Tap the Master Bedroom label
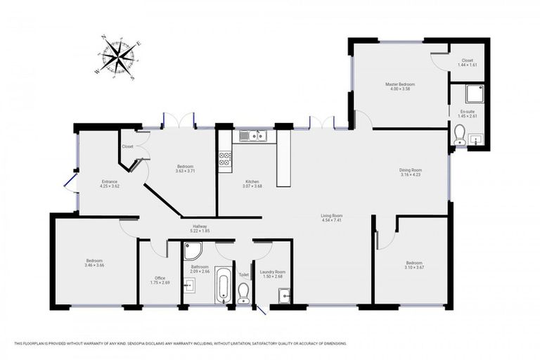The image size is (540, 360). point(399,84)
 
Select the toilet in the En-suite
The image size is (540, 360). point(460,134)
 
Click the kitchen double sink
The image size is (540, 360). point(255,136)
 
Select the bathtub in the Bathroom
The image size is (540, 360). point(222,286)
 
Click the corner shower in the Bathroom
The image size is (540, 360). point(192,250)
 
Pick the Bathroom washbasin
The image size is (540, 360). point(189,285)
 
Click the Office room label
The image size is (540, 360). point(160,278)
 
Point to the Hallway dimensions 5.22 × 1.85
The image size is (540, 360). point(200,231)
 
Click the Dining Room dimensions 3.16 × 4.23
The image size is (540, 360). point(410,174)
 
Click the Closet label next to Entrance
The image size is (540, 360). point(127,146)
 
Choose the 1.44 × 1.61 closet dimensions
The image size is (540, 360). point(467,65)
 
